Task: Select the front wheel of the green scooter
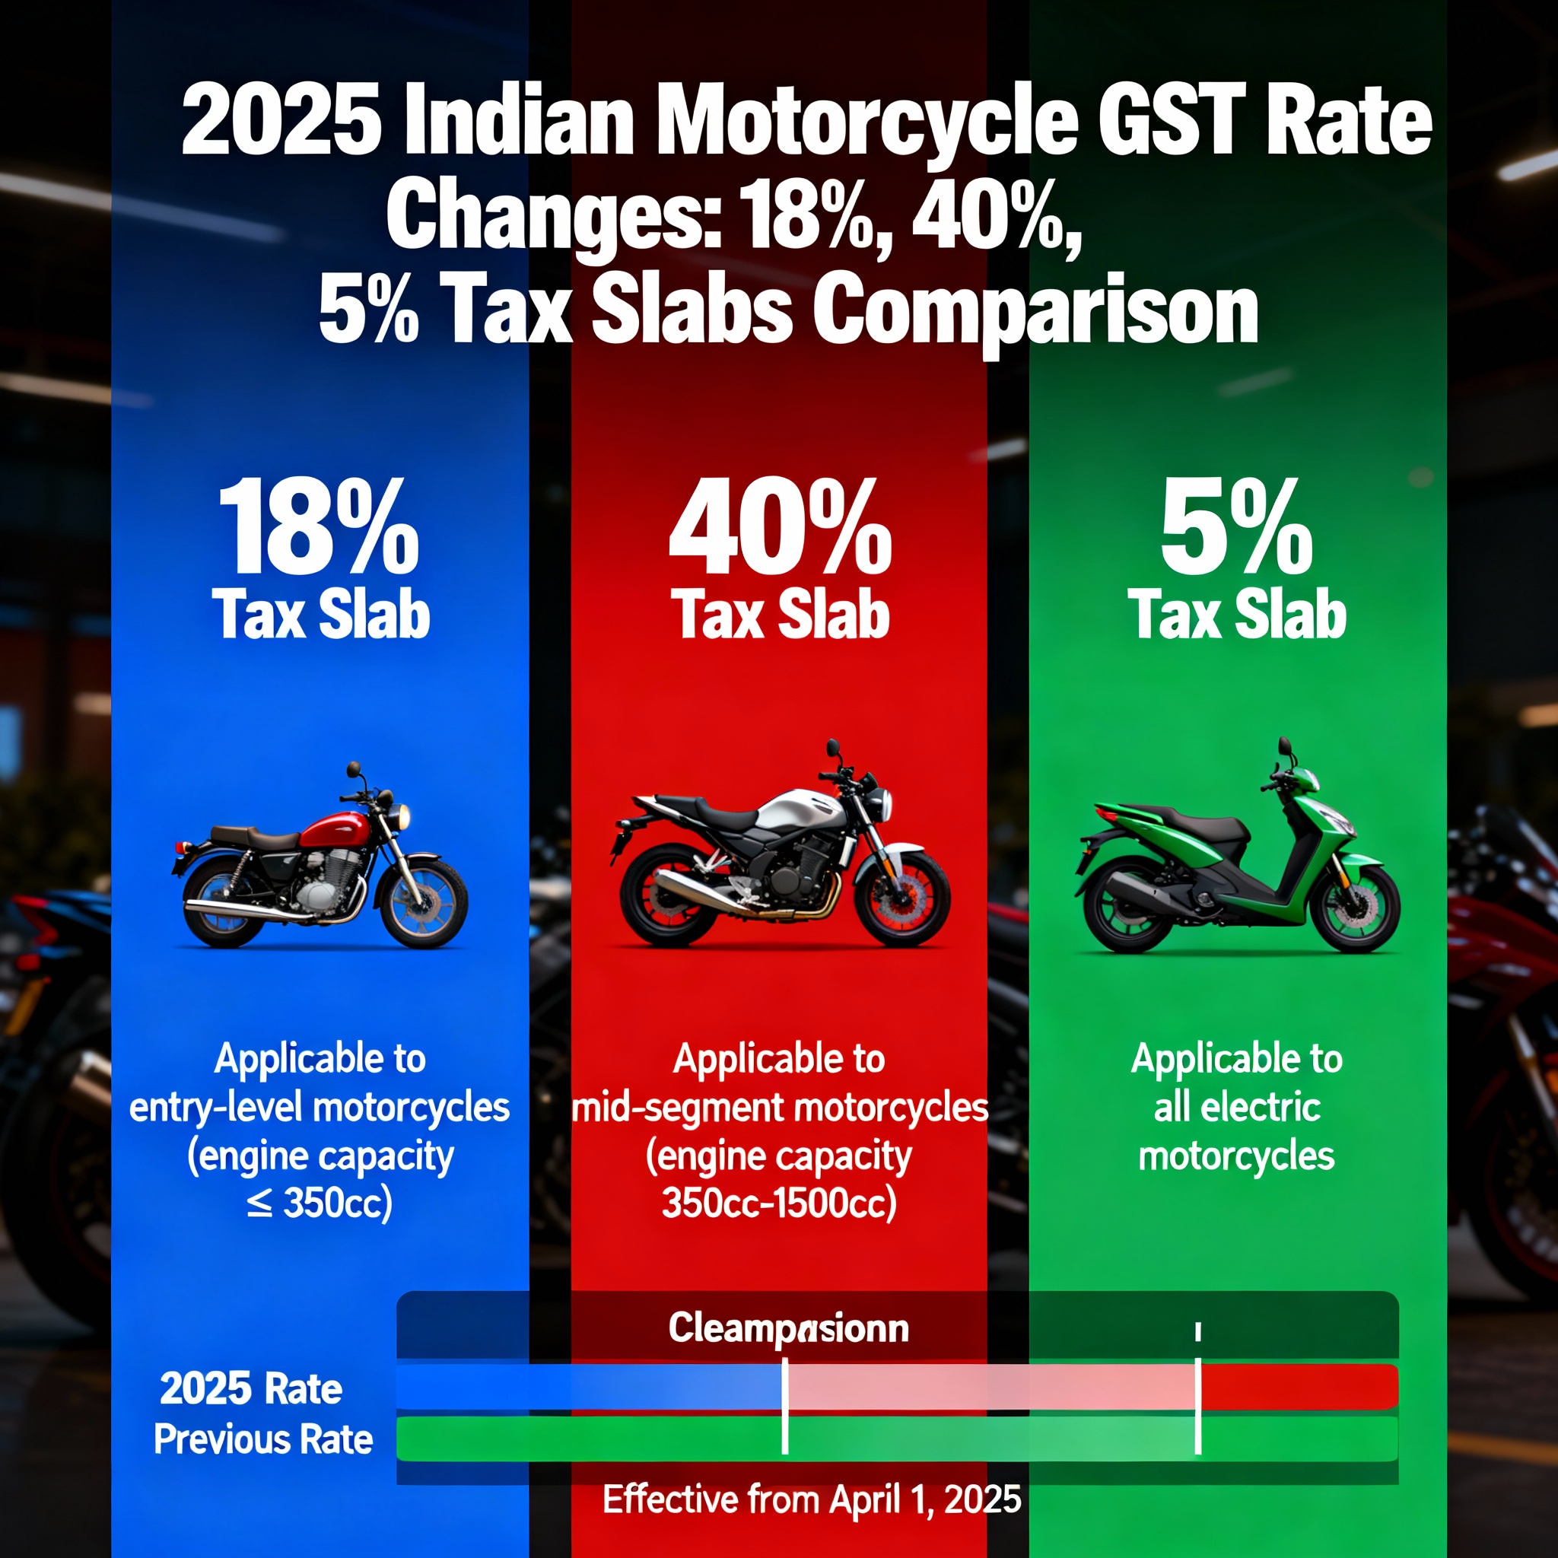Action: point(1360,910)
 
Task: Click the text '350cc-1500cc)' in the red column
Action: point(779,1204)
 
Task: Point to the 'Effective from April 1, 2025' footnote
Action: point(812,1499)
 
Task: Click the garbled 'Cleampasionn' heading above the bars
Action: point(788,1329)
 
